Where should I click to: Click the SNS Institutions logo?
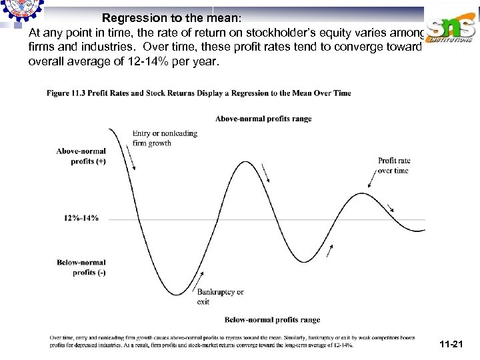pyautogui.click(x=452, y=29)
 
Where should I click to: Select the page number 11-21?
pyautogui.click(x=451, y=344)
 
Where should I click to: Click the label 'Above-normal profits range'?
pyautogui.click(x=263, y=119)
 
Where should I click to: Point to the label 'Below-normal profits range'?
pyautogui.click(x=272, y=320)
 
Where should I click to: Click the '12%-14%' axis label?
pyautogui.click(x=81, y=218)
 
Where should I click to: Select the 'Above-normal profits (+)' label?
pyautogui.click(x=81, y=156)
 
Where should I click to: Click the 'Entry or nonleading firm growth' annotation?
pyautogui.click(x=165, y=138)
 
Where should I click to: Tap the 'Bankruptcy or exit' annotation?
pyautogui.click(x=220, y=297)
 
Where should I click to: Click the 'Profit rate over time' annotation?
pyautogui.click(x=394, y=165)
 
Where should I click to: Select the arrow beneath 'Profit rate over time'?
pyautogui.click(x=371, y=183)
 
